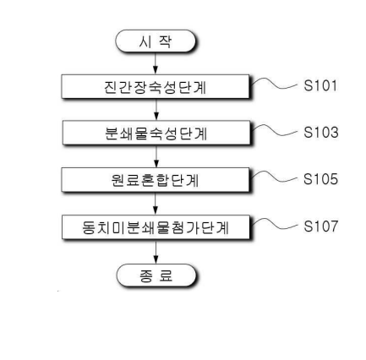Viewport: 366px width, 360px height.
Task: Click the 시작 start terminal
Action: pyautogui.click(x=156, y=41)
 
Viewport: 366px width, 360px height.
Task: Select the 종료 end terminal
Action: pyautogui.click(x=156, y=275)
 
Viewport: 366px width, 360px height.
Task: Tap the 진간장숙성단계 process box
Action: pyautogui.click(x=156, y=87)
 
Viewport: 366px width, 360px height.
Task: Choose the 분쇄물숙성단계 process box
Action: pyautogui.click(x=156, y=133)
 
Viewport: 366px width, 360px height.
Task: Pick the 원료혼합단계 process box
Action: pyautogui.click(x=156, y=180)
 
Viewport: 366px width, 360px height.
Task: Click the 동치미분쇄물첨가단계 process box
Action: pyautogui.click(x=156, y=227)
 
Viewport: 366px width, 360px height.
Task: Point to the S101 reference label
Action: pyautogui.click(x=320, y=85)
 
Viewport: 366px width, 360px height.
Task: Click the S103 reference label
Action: pyautogui.click(x=321, y=133)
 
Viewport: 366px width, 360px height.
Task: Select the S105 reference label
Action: pyautogui.click(x=320, y=179)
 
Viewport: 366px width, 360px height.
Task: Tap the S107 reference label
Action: pyautogui.click(x=320, y=226)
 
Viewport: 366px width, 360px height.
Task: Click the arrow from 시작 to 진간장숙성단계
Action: pyautogui.click(x=156, y=63)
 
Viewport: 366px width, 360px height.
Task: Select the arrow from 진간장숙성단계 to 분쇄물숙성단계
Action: pyautogui.click(x=156, y=110)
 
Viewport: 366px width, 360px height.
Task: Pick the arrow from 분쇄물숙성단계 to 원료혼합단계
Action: pyautogui.click(x=156, y=156)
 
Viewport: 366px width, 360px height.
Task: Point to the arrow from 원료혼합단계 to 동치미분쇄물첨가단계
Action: pyautogui.click(x=156, y=204)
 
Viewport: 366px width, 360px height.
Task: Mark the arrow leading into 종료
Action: pyautogui.click(x=156, y=252)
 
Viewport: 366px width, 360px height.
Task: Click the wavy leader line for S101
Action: pyautogui.click(x=274, y=85)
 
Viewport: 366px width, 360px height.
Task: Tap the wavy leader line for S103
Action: pyautogui.click(x=274, y=131)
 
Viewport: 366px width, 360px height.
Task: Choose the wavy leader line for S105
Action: pyautogui.click(x=274, y=177)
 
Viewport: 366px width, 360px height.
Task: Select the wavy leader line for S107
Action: pyautogui.click(x=274, y=225)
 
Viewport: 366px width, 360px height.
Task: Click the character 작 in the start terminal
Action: pyautogui.click(x=165, y=41)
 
